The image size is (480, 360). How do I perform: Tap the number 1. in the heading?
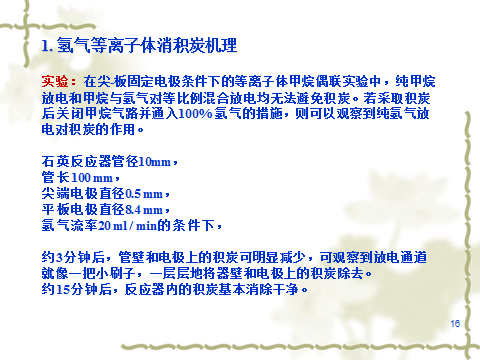pos(47,45)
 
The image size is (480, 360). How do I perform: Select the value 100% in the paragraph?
pos(195,113)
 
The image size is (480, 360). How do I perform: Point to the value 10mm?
pos(155,162)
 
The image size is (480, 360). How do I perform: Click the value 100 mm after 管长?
pos(92,177)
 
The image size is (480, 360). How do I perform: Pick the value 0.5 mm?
pos(144,193)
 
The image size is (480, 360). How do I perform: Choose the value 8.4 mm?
pos(144,209)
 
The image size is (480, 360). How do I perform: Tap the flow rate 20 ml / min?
pos(128,226)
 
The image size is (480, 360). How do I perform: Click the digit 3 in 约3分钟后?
pos(59,258)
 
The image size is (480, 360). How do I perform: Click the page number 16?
pos(455,323)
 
